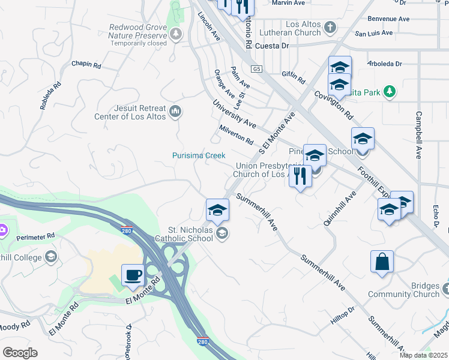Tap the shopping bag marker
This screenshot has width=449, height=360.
pos(382,262)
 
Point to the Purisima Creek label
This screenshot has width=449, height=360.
pos(199,155)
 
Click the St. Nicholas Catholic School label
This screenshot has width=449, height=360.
pos(190,233)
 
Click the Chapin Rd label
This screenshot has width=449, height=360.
pos(86,64)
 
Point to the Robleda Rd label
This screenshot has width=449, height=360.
pos(51,95)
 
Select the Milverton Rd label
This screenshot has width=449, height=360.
pos(236,135)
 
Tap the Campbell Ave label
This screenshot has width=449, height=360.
pos(418,134)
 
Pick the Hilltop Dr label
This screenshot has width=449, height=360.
pos(343,316)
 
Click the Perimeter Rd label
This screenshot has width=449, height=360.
pos(35,235)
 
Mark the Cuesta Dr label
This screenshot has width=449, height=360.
pos(272,45)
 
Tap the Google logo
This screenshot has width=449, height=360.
pos(20,352)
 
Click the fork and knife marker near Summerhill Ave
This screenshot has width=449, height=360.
pos(300,176)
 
